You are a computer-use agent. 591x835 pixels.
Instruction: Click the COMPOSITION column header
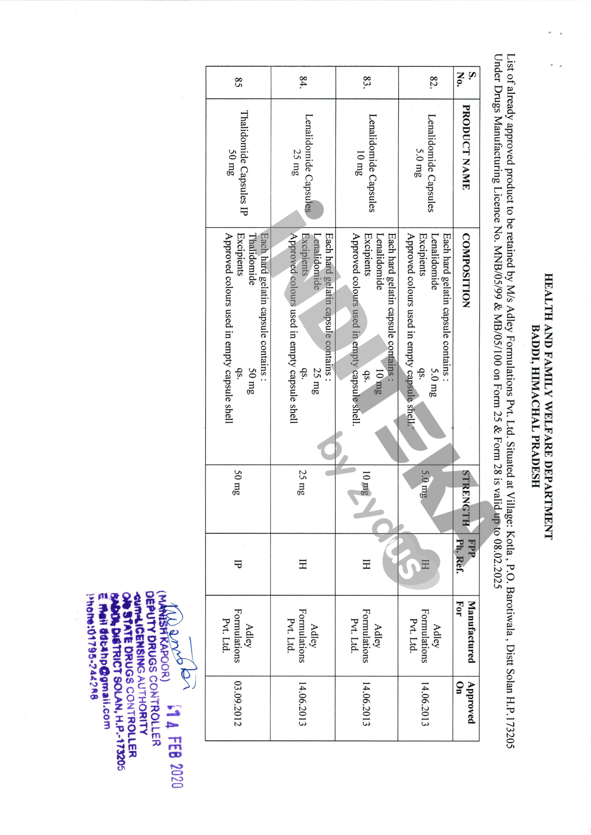466,270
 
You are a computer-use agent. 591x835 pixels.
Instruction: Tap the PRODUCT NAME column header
466,148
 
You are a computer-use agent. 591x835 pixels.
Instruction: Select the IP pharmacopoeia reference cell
238,564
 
